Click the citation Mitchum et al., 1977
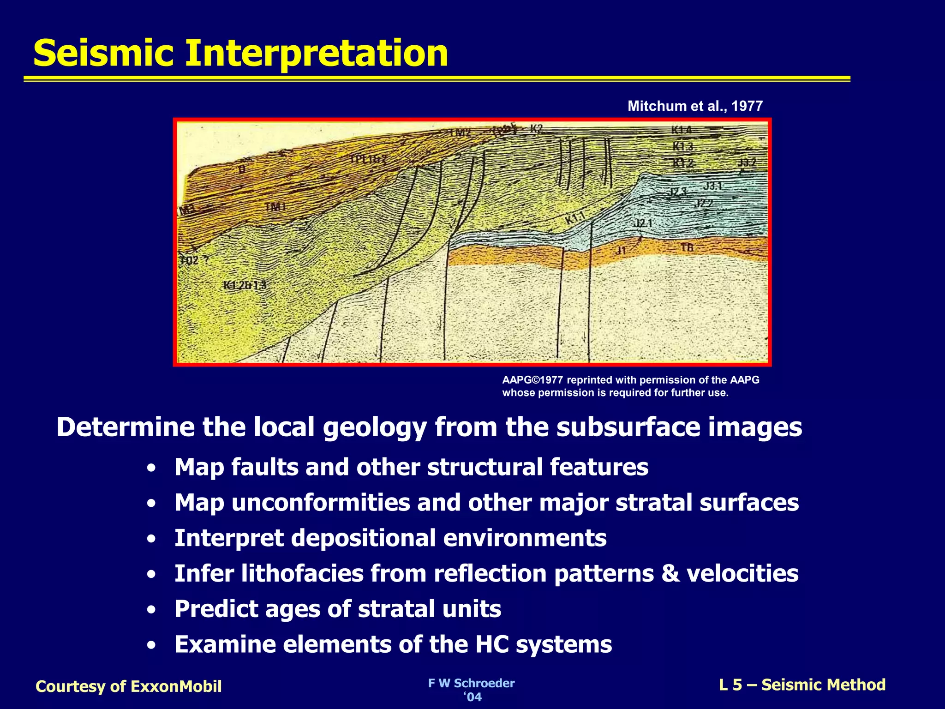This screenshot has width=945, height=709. coord(695,106)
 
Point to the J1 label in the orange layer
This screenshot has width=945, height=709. coord(622,251)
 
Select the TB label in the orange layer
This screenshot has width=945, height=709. coord(687,248)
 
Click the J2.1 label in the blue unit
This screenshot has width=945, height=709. coord(643,223)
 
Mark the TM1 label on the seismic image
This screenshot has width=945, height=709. coord(275,207)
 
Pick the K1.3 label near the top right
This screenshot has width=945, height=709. coord(682,147)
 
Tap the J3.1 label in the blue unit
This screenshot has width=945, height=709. coord(712,186)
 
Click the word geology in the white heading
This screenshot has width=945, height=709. coord(375,427)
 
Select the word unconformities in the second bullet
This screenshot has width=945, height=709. coord(320,502)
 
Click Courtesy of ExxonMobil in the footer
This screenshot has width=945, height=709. coord(129,686)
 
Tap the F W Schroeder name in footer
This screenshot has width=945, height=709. coord(471,683)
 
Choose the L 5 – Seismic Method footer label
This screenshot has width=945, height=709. coord(802,685)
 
